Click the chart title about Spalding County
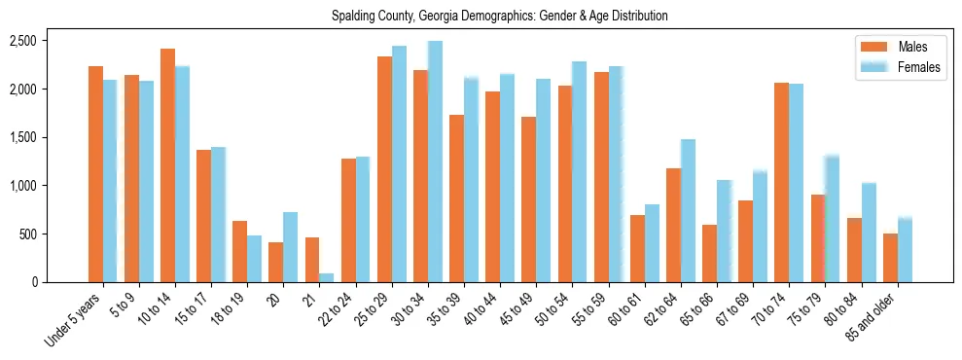pos(499,17)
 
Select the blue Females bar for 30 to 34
pos(435,162)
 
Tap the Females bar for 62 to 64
pos(688,211)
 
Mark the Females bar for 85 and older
pos(905,250)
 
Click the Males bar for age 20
pos(276,263)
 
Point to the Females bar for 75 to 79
pos(832,219)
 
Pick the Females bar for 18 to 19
pos(254,259)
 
